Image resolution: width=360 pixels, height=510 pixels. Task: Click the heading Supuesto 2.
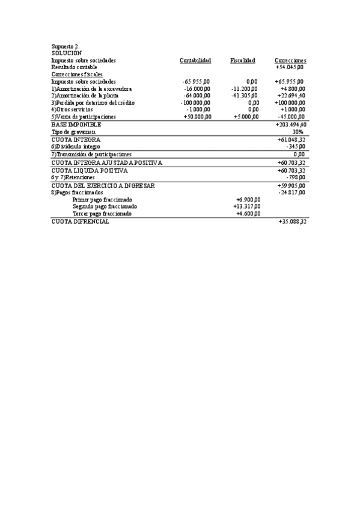(66, 46)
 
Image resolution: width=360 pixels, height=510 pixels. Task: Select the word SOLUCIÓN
(66, 53)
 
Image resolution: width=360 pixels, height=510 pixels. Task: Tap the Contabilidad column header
(195, 60)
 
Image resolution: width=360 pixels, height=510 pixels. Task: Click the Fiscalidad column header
(243, 60)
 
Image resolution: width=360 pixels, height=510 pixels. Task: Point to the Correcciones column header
(290, 60)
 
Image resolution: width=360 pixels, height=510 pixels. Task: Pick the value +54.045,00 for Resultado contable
(290, 67)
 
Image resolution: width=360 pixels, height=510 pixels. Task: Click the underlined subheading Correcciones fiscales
(76, 74)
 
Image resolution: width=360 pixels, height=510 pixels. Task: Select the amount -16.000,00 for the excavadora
(197, 88)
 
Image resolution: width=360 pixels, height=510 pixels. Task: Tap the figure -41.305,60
(245, 95)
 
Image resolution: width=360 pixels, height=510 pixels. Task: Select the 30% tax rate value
(299, 131)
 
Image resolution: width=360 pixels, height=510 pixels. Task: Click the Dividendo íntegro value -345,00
(295, 146)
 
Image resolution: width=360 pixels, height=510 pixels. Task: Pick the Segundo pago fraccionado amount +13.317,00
(246, 206)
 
